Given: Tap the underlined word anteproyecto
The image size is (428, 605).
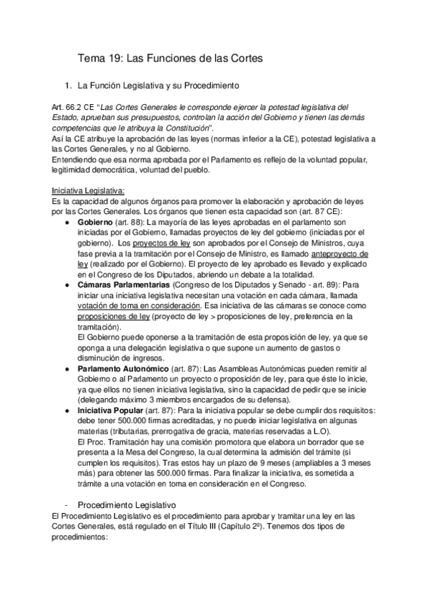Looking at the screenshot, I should (x=339, y=253).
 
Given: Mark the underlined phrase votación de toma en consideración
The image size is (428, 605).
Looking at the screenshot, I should (x=124, y=305).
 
